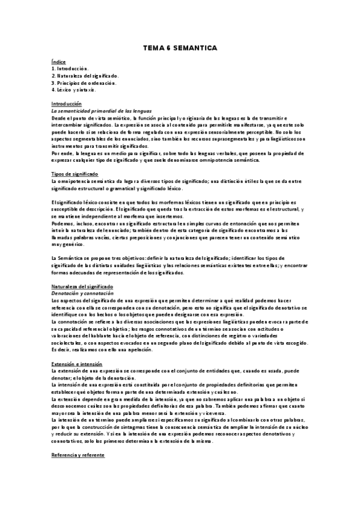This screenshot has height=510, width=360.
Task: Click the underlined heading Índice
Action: click(x=58, y=63)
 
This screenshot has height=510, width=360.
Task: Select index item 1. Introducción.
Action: click(x=71, y=69)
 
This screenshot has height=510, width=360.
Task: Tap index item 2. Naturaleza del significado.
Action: click(x=85, y=76)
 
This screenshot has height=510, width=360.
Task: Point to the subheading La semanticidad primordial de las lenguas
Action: click(x=100, y=111)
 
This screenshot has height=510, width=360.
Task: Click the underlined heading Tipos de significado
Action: click(x=75, y=174)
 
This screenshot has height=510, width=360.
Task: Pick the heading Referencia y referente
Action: click(x=78, y=456)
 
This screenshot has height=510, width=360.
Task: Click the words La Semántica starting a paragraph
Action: click(x=66, y=257)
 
